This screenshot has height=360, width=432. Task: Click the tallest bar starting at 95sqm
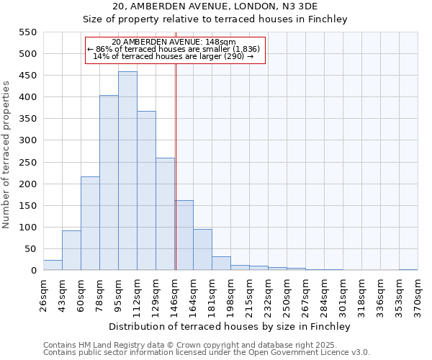(x=127, y=171)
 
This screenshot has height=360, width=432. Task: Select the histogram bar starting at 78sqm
(x=109, y=183)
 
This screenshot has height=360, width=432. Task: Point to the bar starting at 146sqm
(x=184, y=235)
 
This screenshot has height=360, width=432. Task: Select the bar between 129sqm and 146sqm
(x=165, y=215)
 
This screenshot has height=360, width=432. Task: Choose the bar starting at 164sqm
(x=202, y=250)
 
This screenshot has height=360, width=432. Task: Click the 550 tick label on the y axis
(x=27, y=32)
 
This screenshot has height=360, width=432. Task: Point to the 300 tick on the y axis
(x=27, y=140)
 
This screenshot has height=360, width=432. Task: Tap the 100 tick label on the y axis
(x=27, y=228)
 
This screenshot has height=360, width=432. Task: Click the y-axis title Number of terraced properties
(x=6, y=155)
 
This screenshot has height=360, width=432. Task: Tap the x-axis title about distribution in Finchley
(x=229, y=326)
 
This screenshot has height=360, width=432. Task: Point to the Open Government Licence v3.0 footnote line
(x=207, y=353)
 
